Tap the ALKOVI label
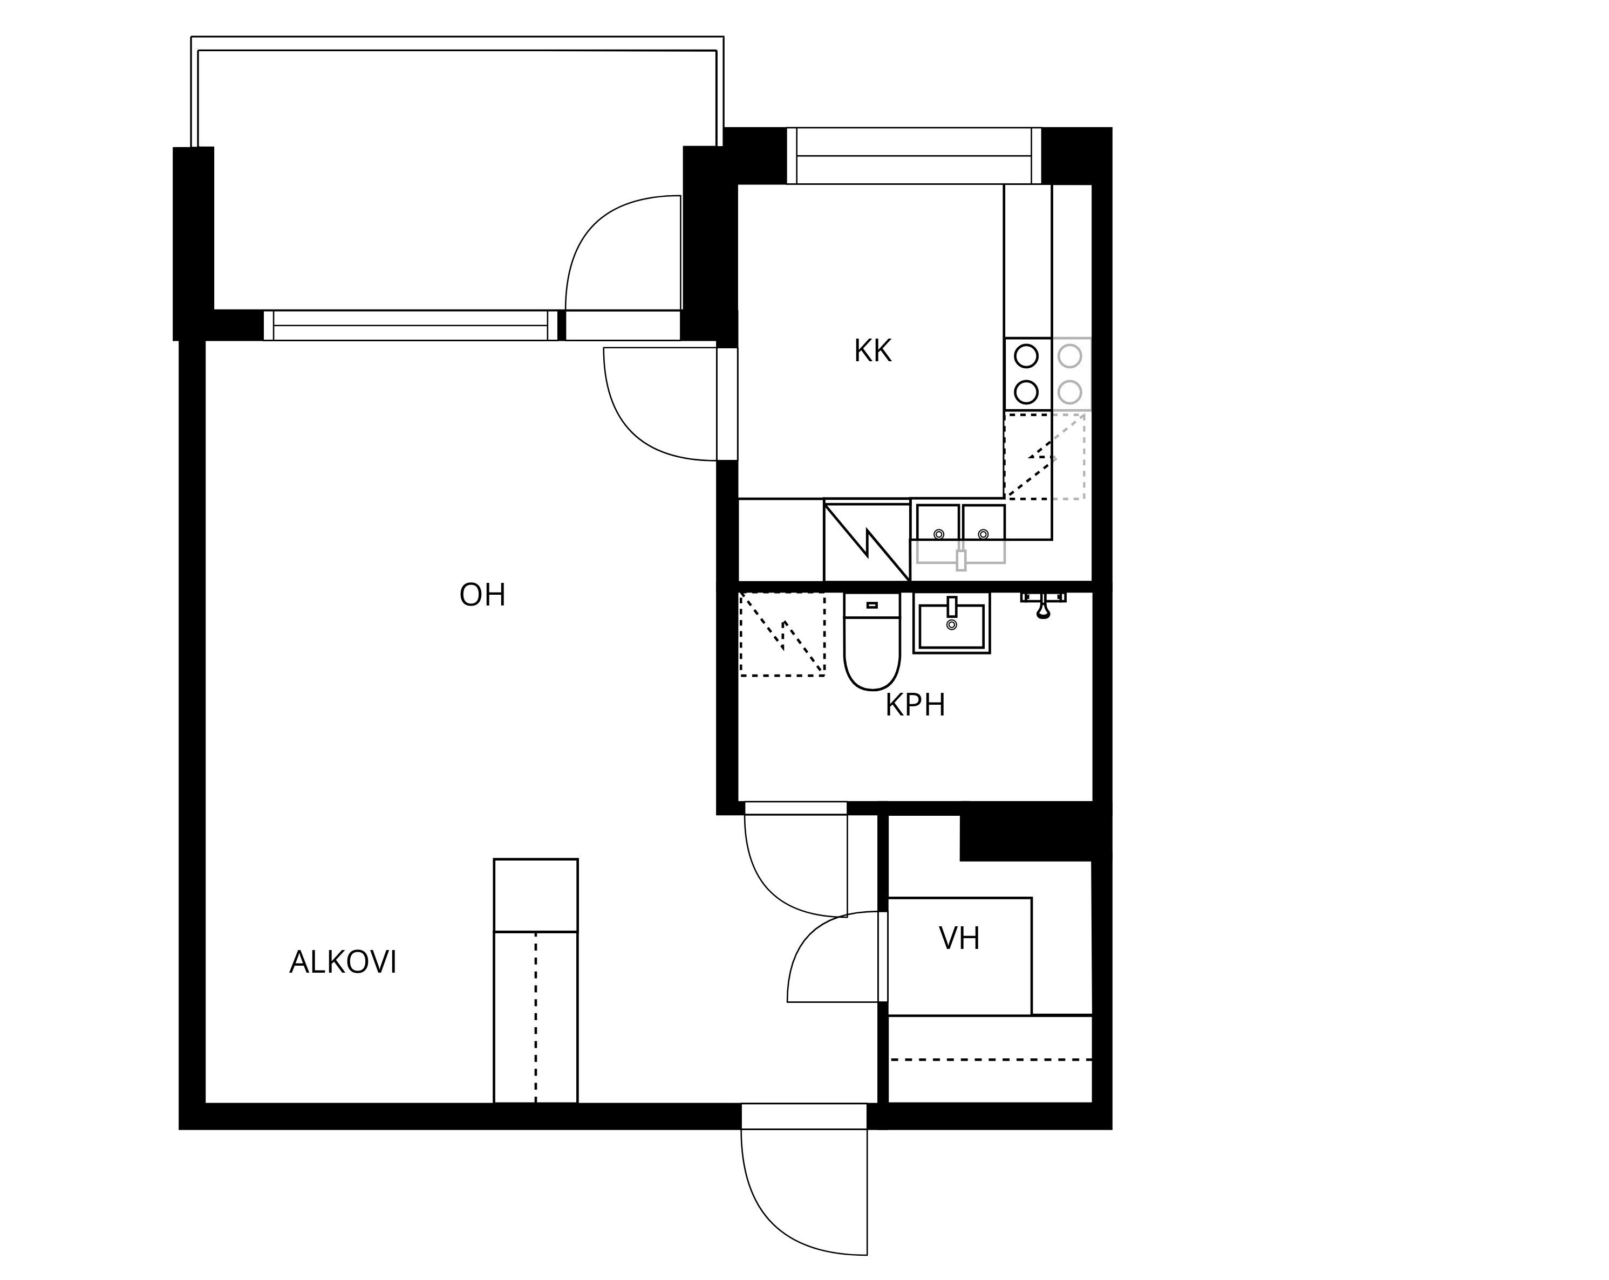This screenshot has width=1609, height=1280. point(343,962)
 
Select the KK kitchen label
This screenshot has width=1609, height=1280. point(872,350)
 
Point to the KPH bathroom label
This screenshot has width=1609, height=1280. point(915,705)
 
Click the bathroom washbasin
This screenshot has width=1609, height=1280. point(951,624)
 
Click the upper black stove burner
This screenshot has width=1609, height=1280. point(1027,356)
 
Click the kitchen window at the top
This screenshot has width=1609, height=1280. point(914,156)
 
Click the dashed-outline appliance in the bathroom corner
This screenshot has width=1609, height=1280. point(782,635)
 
